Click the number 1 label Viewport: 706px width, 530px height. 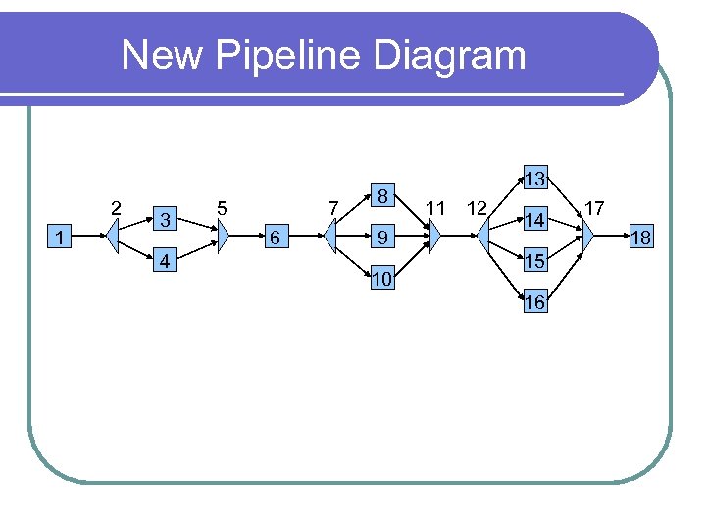[62, 237]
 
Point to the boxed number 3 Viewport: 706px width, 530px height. [167, 218]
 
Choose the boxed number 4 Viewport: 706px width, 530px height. [167, 262]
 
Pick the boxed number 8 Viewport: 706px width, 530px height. [384, 195]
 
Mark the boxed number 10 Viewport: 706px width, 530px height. [384, 281]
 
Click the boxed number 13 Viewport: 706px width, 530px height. [534, 179]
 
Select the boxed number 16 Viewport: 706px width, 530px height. [534, 302]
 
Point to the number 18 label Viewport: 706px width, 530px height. [641, 238]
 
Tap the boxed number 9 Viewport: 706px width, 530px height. [384, 237]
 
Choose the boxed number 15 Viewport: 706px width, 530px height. [534, 261]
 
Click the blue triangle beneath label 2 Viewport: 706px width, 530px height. [114, 237]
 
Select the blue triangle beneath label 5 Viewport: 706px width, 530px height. [223, 237]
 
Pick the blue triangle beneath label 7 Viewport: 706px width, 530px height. [330, 237]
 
